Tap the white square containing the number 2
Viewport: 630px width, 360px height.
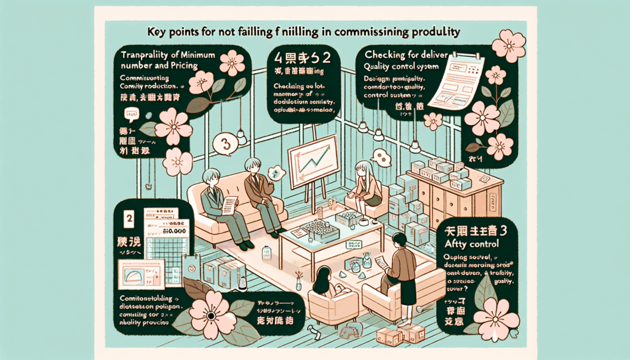tap(129, 218)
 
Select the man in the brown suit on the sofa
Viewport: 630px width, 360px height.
tap(259, 191)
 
